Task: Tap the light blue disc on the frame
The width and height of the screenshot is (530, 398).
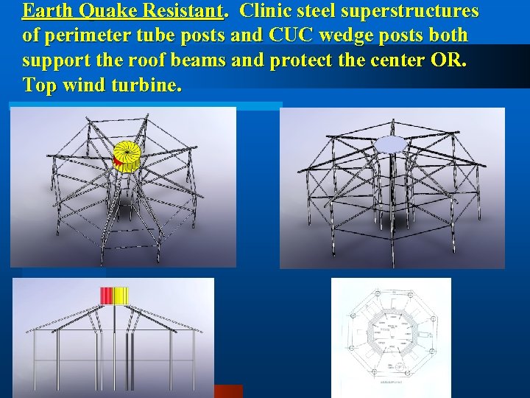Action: [x=390, y=143]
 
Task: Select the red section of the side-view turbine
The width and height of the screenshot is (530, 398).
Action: [x=107, y=296]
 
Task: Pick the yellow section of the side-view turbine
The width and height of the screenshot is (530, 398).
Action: [x=121, y=296]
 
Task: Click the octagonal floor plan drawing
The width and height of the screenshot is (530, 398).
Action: [x=390, y=338]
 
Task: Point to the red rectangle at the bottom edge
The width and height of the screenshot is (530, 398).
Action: [x=228, y=391]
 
